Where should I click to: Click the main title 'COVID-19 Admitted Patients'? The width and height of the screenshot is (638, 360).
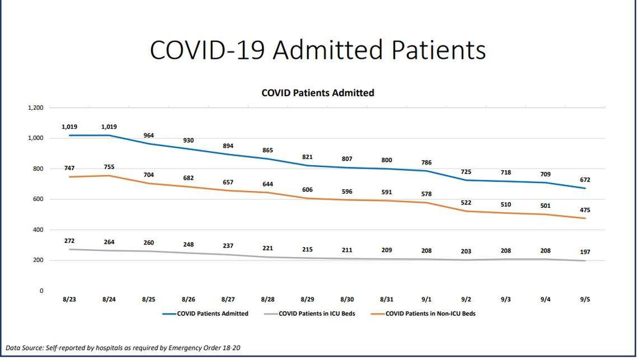tap(317, 50)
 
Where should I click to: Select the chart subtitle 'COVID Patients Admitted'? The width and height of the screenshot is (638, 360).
tap(317, 93)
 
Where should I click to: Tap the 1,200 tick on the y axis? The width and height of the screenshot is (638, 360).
tap(35, 107)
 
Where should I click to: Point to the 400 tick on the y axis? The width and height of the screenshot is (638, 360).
tap(37, 230)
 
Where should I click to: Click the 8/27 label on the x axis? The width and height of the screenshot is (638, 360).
tap(228, 300)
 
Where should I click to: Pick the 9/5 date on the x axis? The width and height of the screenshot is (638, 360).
tap(585, 300)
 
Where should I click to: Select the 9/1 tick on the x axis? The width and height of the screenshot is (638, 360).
tap(426, 300)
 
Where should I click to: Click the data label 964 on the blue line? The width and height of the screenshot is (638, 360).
tap(148, 135)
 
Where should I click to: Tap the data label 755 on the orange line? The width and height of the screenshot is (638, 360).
tap(109, 167)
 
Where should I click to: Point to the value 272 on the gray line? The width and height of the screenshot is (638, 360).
tap(69, 241)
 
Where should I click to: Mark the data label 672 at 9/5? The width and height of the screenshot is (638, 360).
tap(585, 180)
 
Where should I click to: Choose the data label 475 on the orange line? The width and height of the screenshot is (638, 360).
tap(585, 210)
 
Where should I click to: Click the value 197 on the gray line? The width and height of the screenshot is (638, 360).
tap(585, 252)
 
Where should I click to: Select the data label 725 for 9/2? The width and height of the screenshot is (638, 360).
tap(466, 171)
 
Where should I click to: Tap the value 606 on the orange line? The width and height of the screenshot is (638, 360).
tap(307, 190)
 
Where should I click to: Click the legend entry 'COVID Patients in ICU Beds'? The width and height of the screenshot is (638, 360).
tap(317, 314)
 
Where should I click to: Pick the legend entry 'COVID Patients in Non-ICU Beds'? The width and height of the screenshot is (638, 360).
tap(430, 314)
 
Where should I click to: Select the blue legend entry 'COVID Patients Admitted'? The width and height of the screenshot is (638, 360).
tap(213, 314)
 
